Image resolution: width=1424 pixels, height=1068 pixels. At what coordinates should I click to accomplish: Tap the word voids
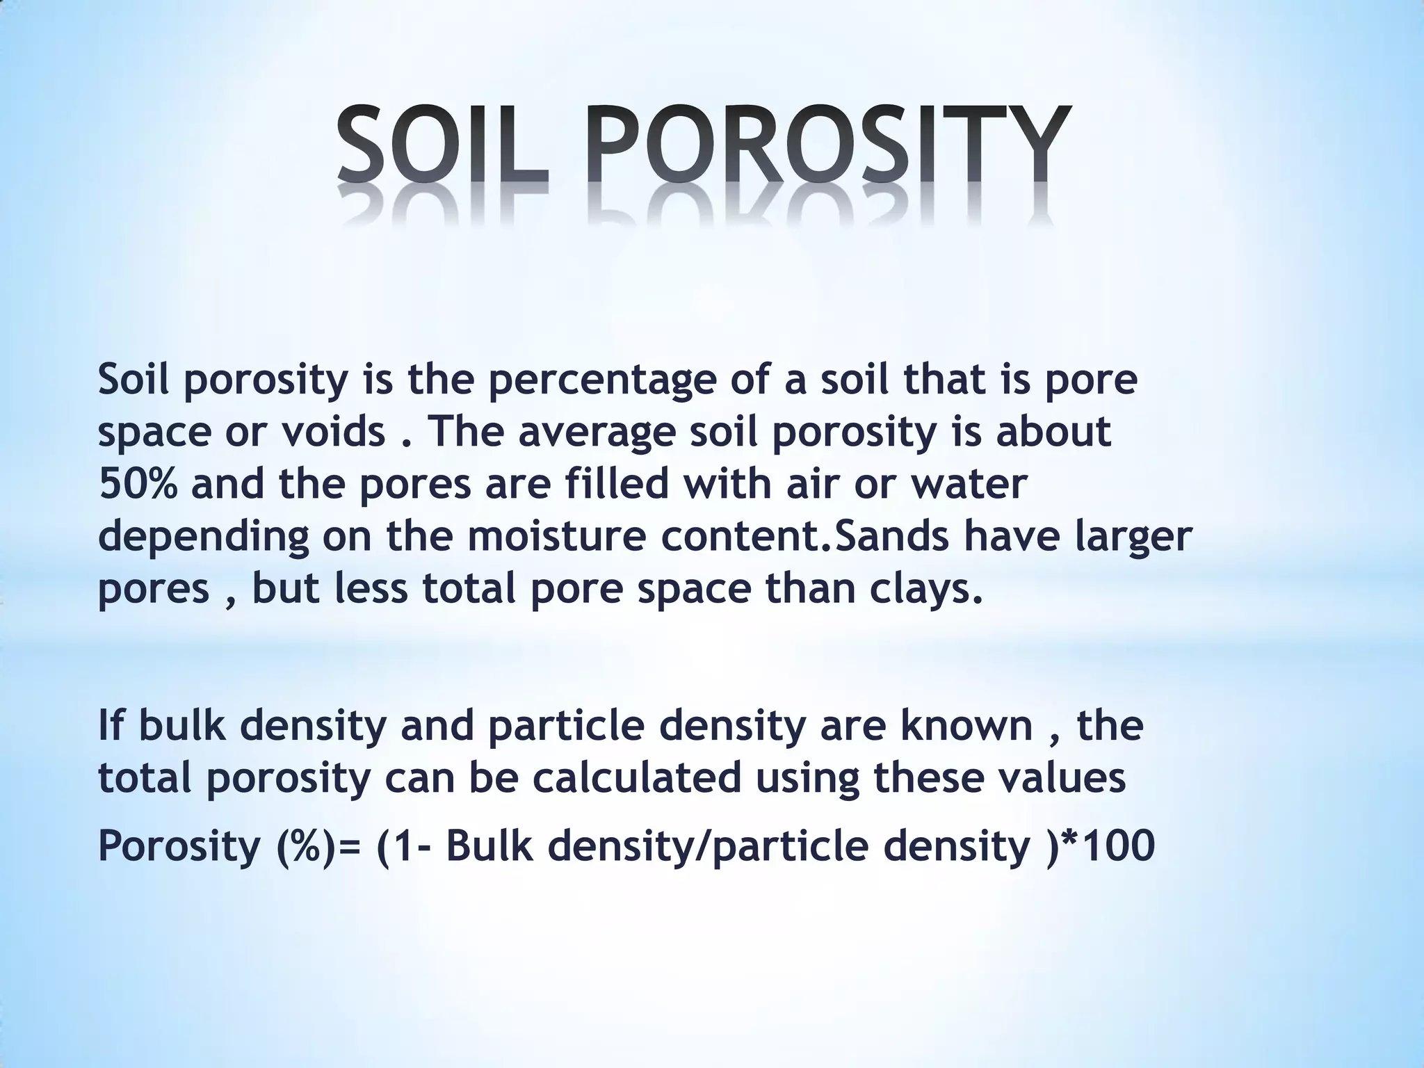pyautogui.click(x=334, y=432)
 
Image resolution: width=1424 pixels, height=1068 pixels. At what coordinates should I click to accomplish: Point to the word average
pyautogui.click(x=597, y=432)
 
